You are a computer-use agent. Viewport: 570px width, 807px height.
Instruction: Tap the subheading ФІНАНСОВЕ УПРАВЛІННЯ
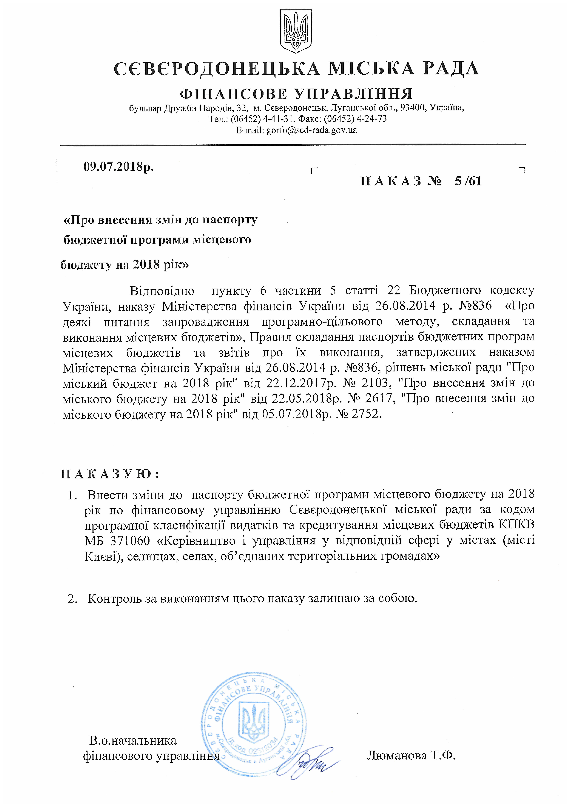[x=296, y=94]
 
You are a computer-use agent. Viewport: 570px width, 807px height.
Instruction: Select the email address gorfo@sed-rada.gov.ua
[x=312, y=130]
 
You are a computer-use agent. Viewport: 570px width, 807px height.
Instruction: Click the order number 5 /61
[x=468, y=181]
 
